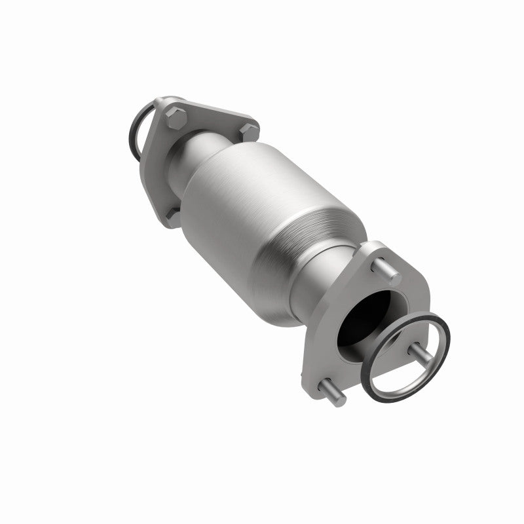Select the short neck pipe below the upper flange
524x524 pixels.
point(203,154)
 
